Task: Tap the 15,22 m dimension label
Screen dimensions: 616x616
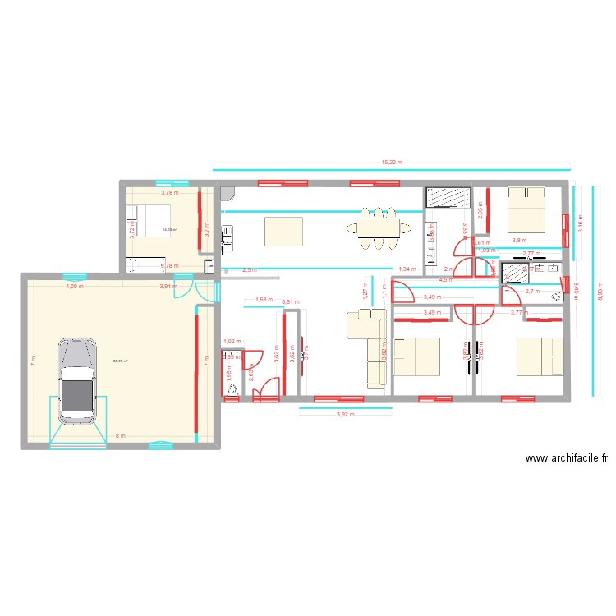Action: [393, 163]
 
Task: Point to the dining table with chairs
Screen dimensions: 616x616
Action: [378, 228]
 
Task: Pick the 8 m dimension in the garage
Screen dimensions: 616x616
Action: [120, 436]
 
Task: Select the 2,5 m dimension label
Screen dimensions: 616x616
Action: [249, 269]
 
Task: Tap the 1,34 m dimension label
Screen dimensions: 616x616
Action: [406, 269]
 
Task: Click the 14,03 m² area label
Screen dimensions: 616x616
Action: [170, 230]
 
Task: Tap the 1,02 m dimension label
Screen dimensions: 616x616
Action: [232, 341]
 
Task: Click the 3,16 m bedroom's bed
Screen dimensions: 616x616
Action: [526, 209]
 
